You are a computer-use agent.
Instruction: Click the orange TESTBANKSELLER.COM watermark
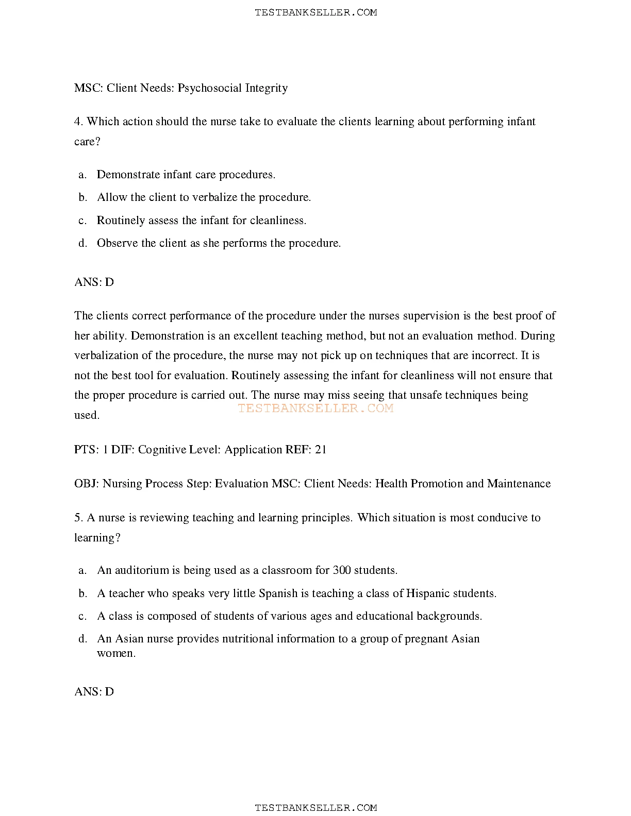pyautogui.click(x=315, y=409)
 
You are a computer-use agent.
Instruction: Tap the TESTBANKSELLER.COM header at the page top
pyautogui.click(x=315, y=12)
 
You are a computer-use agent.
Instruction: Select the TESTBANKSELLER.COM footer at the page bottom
pyautogui.click(x=315, y=808)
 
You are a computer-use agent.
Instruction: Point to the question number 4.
pyautogui.click(x=78, y=122)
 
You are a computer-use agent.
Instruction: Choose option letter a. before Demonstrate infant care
pyautogui.click(x=82, y=175)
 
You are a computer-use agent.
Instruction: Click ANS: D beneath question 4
pyautogui.click(x=94, y=282)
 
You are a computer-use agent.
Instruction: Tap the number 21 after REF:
pyautogui.click(x=321, y=450)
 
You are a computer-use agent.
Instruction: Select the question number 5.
pyautogui.click(x=78, y=518)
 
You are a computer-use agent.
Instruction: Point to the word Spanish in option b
pyautogui.click(x=278, y=593)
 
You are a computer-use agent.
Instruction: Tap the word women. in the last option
pyautogui.click(x=116, y=654)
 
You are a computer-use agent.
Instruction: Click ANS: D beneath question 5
pyautogui.click(x=94, y=692)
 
